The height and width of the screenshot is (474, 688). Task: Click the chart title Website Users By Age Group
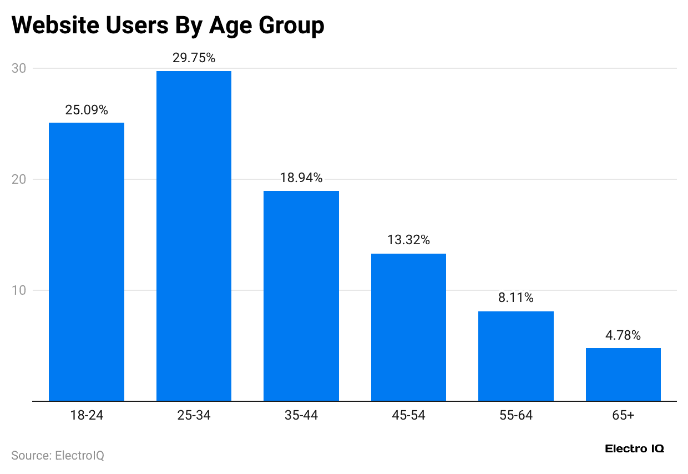click(x=168, y=26)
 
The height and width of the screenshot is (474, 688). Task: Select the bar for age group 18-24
click(x=87, y=261)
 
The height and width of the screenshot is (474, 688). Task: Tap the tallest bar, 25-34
click(x=194, y=236)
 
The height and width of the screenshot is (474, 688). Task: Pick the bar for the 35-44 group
click(x=301, y=296)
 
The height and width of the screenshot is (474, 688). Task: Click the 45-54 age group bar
click(x=408, y=327)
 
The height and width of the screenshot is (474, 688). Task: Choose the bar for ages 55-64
click(x=516, y=356)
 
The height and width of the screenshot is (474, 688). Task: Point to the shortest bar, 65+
click(x=623, y=374)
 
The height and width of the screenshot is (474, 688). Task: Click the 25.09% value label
click(x=87, y=110)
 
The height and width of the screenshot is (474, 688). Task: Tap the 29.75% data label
click(x=194, y=58)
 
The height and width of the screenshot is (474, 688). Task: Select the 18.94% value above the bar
click(x=301, y=178)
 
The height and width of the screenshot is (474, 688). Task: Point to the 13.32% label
click(x=408, y=240)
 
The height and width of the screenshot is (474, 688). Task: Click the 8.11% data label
click(x=516, y=298)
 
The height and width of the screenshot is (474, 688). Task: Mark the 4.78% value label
click(x=623, y=335)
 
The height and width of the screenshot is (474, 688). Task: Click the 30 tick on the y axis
click(x=19, y=68)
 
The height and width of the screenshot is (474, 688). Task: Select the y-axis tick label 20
click(x=19, y=179)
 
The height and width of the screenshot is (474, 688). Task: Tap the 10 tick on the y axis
click(x=19, y=290)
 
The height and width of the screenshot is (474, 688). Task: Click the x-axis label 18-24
click(x=87, y=415)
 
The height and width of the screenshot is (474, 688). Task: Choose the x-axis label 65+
click(x=623, y=415)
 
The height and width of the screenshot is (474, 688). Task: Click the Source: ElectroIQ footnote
click(x=58, y=456)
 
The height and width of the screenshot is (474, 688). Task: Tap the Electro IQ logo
click(x=634, y=448)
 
